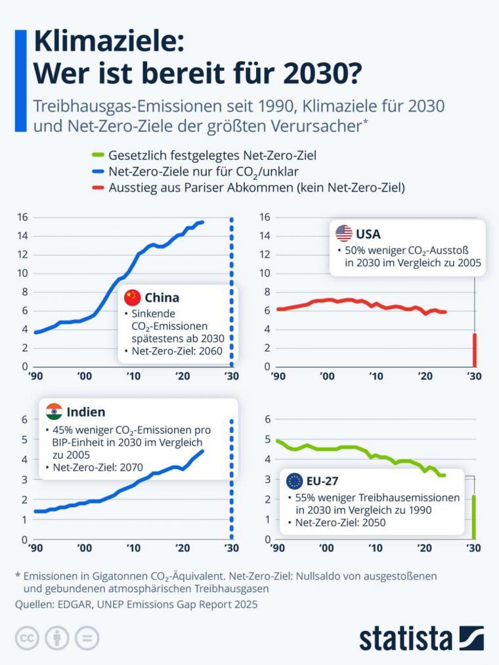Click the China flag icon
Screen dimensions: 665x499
133,297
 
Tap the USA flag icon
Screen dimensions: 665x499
344,233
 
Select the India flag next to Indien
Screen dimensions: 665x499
54,412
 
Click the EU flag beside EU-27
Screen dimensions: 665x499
293,480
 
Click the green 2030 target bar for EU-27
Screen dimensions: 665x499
473,517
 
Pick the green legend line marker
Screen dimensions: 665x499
97,156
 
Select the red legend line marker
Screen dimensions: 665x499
97,187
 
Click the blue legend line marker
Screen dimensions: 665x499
97,172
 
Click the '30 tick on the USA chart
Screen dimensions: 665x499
473,376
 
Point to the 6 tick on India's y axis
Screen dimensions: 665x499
24,419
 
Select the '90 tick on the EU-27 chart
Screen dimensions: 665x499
278,547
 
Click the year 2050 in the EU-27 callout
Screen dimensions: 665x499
371,523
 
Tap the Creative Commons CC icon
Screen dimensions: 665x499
28,637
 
